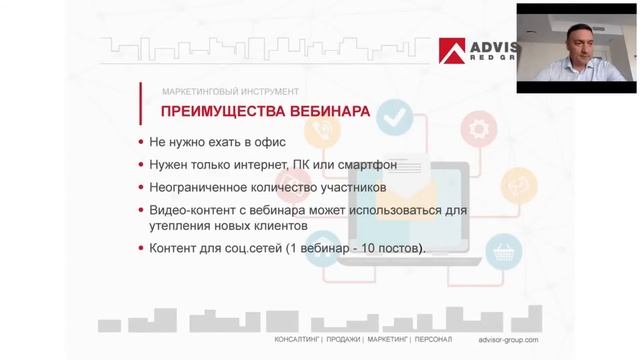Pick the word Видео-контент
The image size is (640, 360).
click(196, 210)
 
